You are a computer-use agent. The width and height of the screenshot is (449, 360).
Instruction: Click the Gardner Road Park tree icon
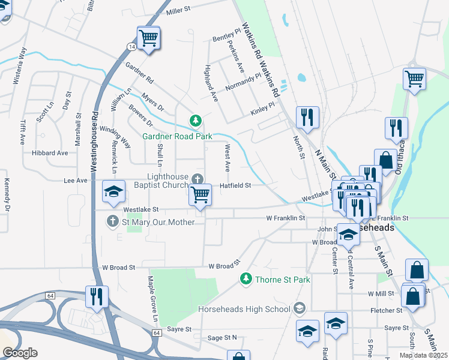(x=195, y=121)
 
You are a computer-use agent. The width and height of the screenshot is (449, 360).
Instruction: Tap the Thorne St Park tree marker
(x=246, y=279)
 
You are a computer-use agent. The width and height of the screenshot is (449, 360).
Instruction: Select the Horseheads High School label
(x=244, y=309)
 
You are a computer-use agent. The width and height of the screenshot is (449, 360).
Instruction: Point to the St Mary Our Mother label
(x=158, y=222)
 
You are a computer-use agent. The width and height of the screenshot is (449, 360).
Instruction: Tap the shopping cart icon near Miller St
(x=148, y=39)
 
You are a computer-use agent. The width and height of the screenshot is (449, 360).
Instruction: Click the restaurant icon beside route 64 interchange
(x=96, y=296)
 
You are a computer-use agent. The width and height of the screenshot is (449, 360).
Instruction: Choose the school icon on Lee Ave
(x=113, y=191)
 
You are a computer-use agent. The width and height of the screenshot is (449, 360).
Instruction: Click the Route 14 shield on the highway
(x=131, y=46)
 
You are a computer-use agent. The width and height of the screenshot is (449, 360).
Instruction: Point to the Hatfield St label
(x=235, y=186)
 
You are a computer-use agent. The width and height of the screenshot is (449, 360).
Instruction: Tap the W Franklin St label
(x=286, y=218)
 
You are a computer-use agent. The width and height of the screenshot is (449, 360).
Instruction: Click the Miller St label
(x=178, y=10)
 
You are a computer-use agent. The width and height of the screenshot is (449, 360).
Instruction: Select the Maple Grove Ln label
(x=153, y=297)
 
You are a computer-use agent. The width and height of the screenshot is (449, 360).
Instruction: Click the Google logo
(x=20, y=353)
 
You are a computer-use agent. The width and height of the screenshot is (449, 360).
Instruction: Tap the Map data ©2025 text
(x=423, y=355)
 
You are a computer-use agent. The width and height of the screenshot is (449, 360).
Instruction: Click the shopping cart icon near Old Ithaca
(x=414, y=79)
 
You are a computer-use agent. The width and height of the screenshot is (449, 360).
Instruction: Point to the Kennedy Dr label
(x=7, y=195)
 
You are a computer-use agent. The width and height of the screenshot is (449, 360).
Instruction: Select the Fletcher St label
(x=387, y=310)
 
